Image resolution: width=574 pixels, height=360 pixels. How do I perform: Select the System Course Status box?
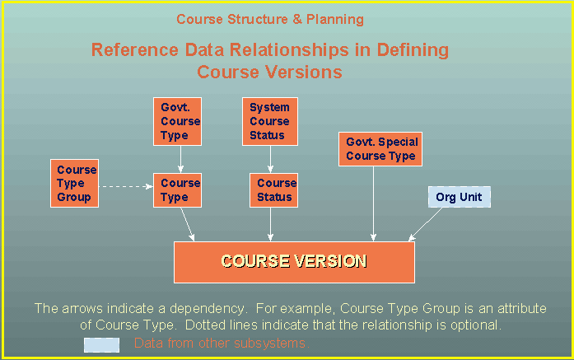pos(269,121)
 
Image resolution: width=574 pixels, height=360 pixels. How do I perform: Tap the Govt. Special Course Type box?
pos(381,149)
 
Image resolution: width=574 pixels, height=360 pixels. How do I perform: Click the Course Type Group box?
pos(74,184)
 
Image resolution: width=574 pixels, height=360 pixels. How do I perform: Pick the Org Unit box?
pos(460,198)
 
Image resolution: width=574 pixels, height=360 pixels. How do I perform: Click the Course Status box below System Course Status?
pos(274,190)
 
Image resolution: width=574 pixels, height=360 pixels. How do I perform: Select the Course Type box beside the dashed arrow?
pos(177,190)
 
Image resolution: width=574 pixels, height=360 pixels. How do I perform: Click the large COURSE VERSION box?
pos(293,262)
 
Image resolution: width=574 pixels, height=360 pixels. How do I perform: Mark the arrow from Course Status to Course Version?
pos(274,225)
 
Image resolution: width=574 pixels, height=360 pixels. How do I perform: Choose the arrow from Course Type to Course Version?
pos(188,225)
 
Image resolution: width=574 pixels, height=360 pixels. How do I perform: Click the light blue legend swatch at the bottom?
pos(101,344)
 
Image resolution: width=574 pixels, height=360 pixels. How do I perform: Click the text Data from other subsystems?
pos(219,344)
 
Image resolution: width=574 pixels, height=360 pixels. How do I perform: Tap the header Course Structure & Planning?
pos(270,19)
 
